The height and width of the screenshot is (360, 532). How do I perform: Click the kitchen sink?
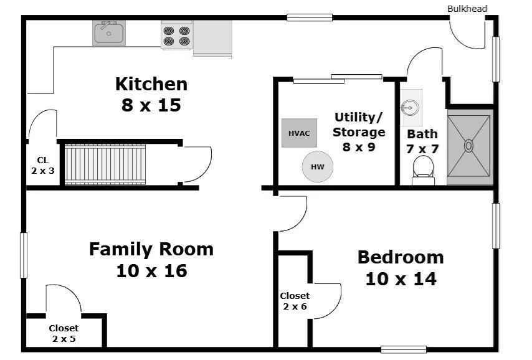(109, 33)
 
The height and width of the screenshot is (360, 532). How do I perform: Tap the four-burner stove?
(177, 36)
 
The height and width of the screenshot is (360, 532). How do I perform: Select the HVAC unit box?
(299, 133)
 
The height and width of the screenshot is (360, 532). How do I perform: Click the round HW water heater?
(318, 166)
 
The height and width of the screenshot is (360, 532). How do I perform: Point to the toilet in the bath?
(423, 170)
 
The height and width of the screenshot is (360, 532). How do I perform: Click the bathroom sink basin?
(411, 108)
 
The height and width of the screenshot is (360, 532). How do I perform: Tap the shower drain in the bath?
(468, 146)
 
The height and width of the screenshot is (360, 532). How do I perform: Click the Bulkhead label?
(467, 9)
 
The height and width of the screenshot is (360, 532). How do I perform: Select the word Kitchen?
(151, 84)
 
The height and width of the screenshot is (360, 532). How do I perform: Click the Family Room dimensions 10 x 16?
(151, 271)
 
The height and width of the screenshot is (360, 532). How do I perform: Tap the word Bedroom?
(401, 257)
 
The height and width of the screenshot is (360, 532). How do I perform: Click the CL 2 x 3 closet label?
(43, 165)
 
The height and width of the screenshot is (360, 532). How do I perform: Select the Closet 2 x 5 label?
(64, 333)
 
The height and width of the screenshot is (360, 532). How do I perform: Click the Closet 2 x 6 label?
(295, 301)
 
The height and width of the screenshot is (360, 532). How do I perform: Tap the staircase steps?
(105, 164)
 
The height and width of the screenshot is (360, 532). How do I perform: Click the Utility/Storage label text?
(359, 125)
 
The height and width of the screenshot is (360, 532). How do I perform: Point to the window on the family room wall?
(24, 255)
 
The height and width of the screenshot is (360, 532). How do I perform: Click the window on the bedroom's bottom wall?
(404, 349)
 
